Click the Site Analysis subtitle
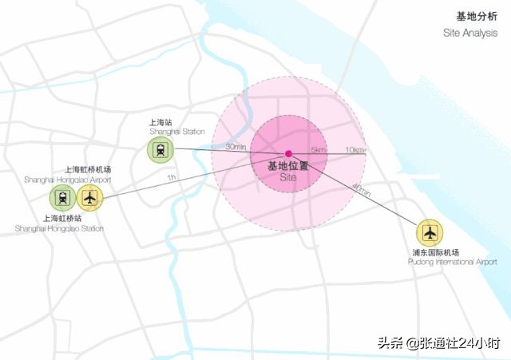tap(471, 33)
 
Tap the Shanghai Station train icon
tap(160, 149)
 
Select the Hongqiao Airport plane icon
tap(91, 197)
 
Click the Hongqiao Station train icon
tap(61, 197)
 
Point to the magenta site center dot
tap(288, 153)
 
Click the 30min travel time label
tap(236, 147)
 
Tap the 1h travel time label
tap(172, 177)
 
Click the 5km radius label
tap(319, 150)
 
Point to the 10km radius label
tap(355, 150)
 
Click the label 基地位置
tap(287, 166)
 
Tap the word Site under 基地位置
tap(288, 179)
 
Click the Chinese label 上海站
tap(160, 123)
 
